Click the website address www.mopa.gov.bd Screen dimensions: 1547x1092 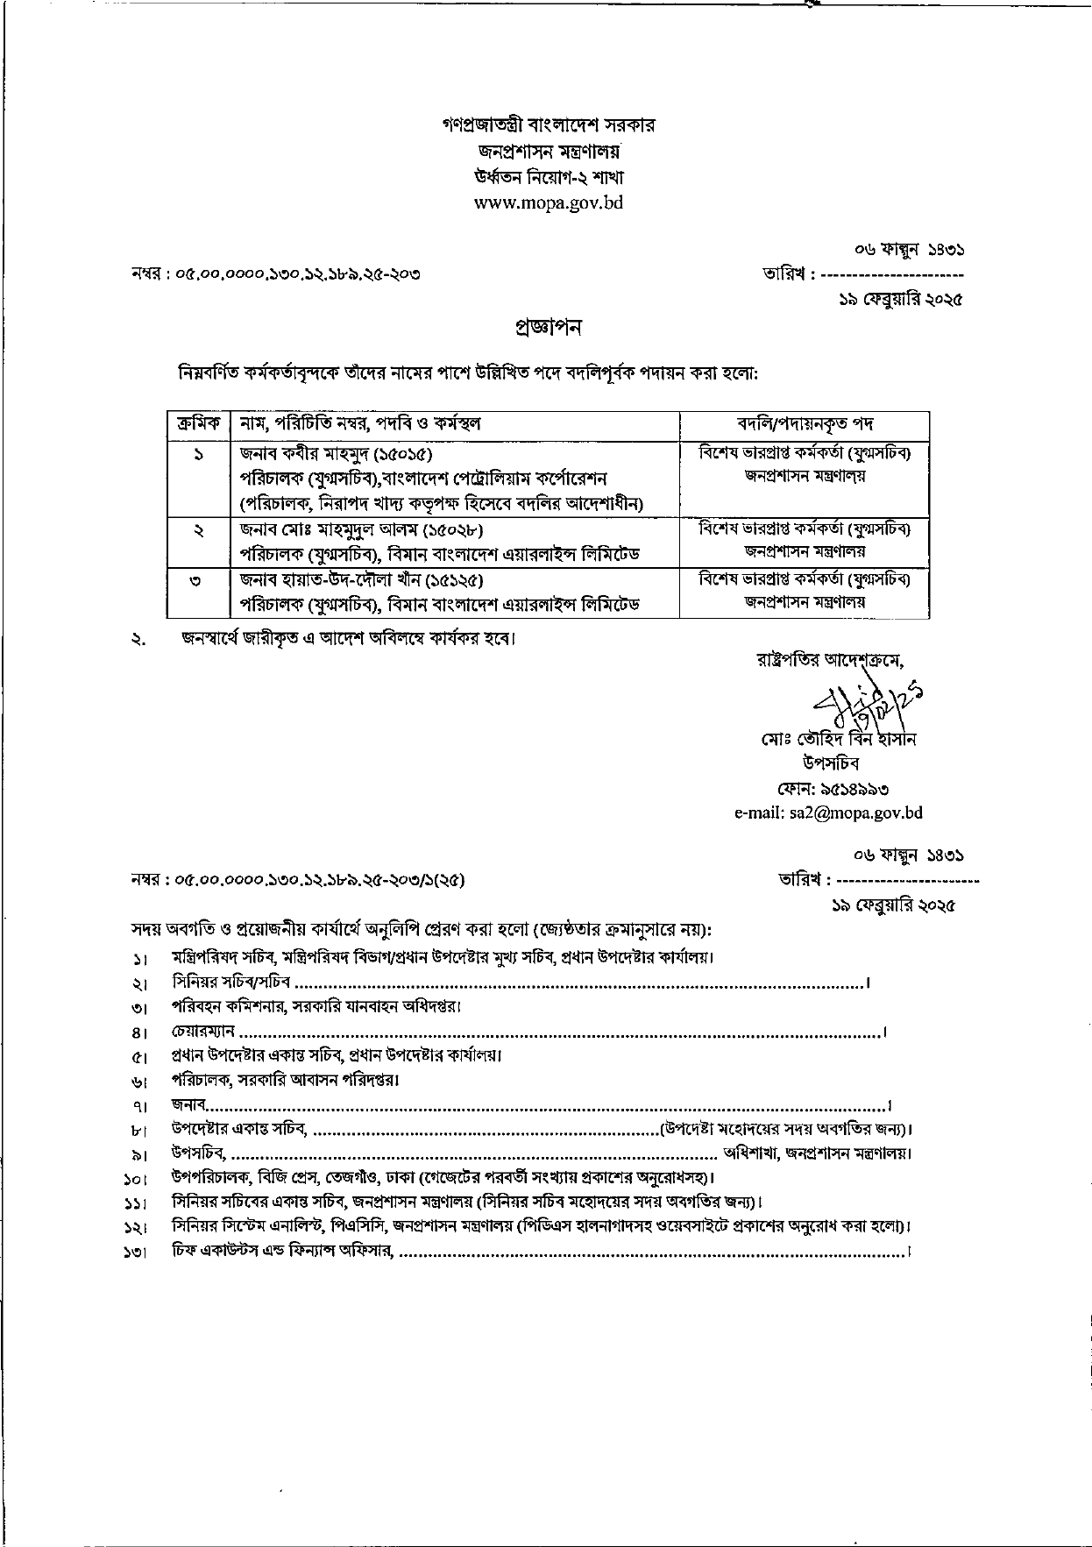[548, 202]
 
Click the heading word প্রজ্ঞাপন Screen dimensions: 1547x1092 [548, 328]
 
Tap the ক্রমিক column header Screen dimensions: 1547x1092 [198, 424]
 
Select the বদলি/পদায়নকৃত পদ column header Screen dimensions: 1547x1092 [805, 424]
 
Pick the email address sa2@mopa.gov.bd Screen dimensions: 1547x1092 [827, 813]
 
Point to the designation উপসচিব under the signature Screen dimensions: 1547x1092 [830, 763]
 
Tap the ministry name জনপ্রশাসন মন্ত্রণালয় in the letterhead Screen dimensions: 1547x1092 [548, 151]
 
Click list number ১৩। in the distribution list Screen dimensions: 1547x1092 [135, 1253]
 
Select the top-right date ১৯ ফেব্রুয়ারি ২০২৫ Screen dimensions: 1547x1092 [901, 300]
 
